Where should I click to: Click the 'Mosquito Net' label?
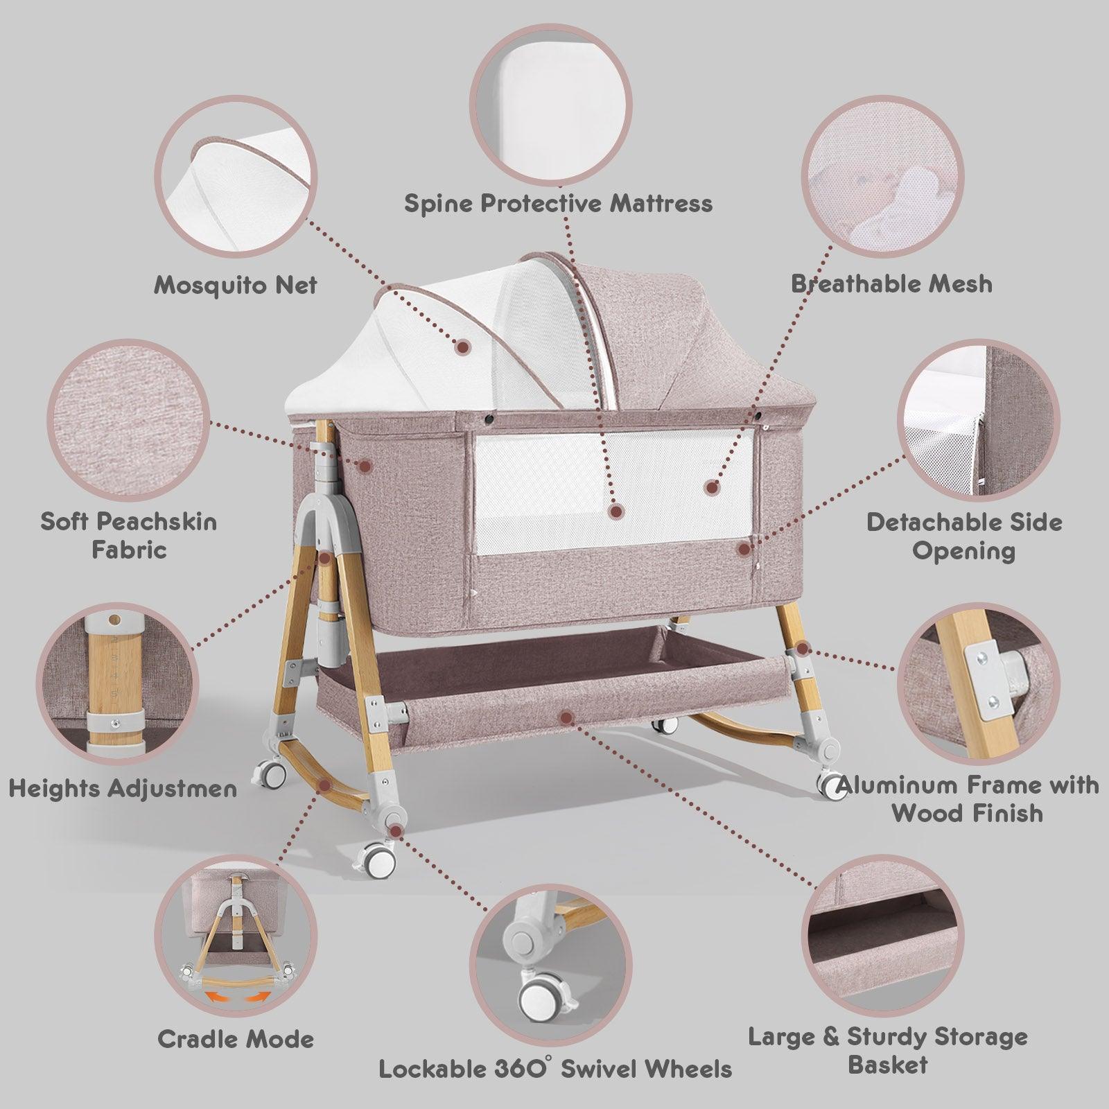tap(235, 285)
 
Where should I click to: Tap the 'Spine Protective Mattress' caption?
tap(558, 203)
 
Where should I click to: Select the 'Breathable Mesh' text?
tap(891, 283)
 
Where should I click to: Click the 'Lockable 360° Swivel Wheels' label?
tap(555, 1068)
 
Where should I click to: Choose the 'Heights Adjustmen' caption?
tap(123, 788)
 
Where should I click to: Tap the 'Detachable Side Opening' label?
tap(964, 536)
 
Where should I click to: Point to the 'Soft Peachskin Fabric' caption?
tap(129, 535)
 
